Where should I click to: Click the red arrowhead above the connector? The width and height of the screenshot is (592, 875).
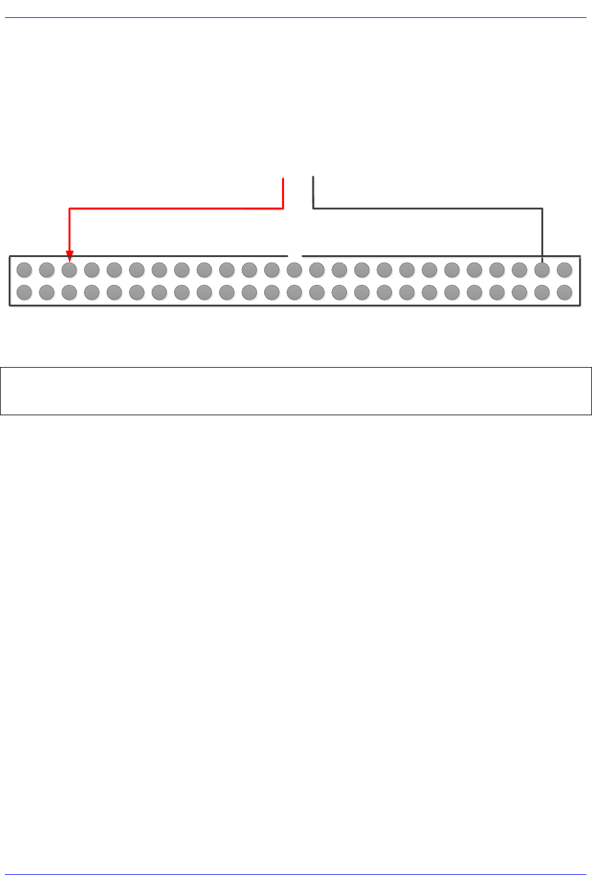[70, 255]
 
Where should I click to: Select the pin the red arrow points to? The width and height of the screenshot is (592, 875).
[69, 270]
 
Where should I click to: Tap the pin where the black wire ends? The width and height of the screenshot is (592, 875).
[542, 270]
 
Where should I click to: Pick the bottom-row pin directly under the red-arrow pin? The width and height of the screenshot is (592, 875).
[69, 292]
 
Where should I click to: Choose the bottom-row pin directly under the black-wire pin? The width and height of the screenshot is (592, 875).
[542, 292]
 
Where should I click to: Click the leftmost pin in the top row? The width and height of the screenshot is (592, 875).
[24, 270]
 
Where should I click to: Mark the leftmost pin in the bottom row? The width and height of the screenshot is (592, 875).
[24, 292]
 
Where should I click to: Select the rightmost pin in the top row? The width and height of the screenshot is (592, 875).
[564, 270]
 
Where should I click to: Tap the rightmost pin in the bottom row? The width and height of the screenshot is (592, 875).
[564, 292]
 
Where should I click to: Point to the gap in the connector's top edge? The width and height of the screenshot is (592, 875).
[295, 255]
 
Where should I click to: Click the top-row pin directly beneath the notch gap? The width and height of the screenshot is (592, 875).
[294, 270]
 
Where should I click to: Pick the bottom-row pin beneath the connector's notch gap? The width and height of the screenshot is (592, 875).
[294, 292]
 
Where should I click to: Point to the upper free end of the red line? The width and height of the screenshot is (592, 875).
[283, 179]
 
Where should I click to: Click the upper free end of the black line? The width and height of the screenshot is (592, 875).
[314, 178]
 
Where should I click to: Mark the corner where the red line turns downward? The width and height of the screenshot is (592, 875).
[70, 209]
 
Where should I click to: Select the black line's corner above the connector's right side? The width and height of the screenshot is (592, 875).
[542, 209]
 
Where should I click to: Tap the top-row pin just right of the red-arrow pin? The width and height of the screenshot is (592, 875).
[92, 270]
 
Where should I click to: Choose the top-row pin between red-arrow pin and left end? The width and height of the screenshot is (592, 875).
[47, 270]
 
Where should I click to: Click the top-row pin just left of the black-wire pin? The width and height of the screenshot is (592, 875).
[519, 270]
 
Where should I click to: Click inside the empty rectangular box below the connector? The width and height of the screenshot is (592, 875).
[296, 391]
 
